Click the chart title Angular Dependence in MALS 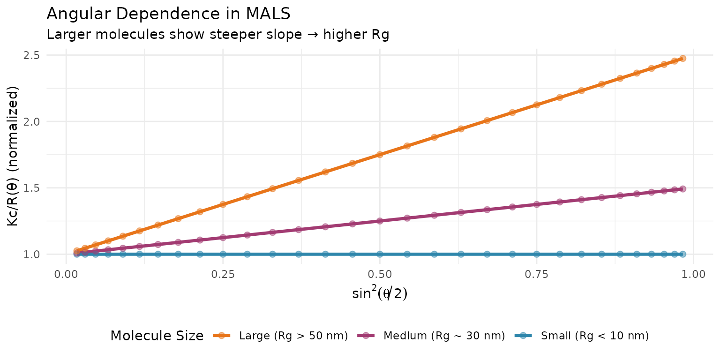coord(169,14)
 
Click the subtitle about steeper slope coord(218,35)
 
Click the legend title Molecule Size coord(157,336)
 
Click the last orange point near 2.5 coord(682,59)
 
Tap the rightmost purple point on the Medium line coord(682,189)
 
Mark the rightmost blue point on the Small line coord(682,254)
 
